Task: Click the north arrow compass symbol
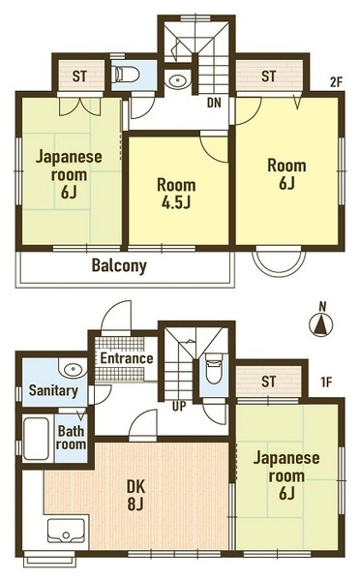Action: [321, 324]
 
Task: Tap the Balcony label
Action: [119, 265]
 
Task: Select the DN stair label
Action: [214, 103]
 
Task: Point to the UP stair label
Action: [179, 407]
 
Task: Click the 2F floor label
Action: [336, 83]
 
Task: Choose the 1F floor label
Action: [326, 382]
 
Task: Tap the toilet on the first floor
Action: [213, 369]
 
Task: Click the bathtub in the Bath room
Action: [36, 439]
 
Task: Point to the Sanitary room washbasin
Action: [73, 368]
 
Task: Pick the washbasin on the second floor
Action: [178, 80]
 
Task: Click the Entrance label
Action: [127, 358]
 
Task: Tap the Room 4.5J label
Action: [176, 194]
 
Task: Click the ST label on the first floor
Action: [269, 381]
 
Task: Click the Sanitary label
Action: [53, 390]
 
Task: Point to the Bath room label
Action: [71, 438]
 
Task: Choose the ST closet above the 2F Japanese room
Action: [80, 76]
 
